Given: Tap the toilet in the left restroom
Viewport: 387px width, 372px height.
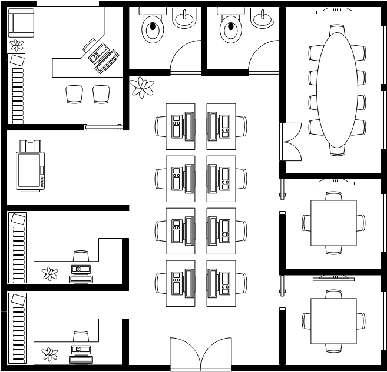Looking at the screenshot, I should click(153, 29).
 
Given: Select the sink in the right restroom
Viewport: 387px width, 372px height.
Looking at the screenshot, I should click(263, 18).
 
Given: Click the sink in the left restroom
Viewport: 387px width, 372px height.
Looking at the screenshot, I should click(184, 18).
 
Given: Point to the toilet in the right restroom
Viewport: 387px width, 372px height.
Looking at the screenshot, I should click(231, 29).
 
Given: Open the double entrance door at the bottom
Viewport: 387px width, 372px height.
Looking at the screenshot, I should click(201, 354).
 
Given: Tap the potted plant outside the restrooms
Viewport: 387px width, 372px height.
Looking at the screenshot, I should click(142, 87).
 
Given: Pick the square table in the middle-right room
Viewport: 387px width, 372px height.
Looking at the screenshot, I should click(333, 223).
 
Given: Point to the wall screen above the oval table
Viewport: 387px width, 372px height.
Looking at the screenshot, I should click(337, 10).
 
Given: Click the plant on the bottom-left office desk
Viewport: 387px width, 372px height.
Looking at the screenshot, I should click(50, 354).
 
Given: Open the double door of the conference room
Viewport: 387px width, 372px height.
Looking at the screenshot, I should click(290, 142).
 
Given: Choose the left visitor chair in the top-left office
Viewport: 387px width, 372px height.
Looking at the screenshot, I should click(75, 93).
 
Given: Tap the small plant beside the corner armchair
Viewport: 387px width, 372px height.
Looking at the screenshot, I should click(16, 45).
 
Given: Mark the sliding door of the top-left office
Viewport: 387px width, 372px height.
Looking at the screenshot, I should click(103, 127).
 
